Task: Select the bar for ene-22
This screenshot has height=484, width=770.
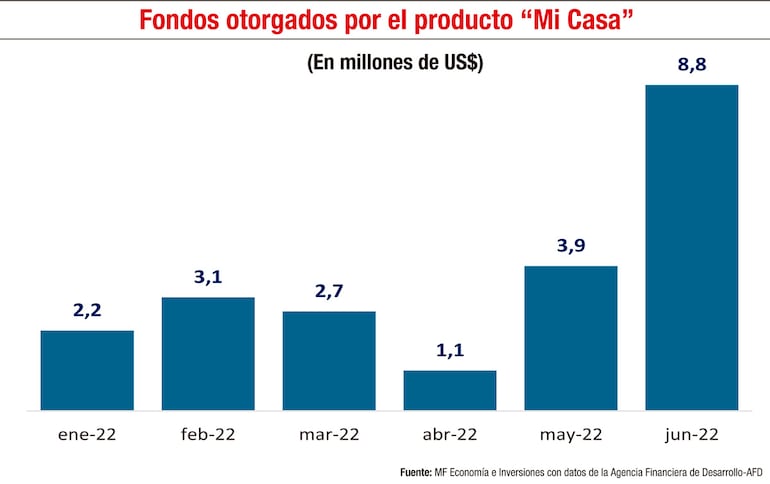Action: [87, 370]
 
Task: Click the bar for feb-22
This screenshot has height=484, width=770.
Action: [208, 353]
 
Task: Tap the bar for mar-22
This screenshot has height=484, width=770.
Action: [329, 360]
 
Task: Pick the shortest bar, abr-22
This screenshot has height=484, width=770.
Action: [450, 390]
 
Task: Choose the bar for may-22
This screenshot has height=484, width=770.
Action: [571, 338]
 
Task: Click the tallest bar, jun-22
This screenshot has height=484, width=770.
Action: [692, 247]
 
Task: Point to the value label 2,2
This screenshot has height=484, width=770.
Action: [88, 311]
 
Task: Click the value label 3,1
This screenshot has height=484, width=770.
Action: [208, 277]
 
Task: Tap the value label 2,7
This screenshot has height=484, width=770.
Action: [329, 292]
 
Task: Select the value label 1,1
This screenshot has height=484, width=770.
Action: [450, 351]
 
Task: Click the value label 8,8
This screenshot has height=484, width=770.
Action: [692, 65]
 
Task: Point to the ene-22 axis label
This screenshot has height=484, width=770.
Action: [87, 435]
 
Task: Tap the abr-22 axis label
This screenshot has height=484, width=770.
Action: [450, 435]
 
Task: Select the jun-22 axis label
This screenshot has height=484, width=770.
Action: [692, 435]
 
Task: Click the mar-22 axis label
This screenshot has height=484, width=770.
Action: [329, 435]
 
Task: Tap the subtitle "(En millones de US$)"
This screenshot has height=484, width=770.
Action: [395, 62]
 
